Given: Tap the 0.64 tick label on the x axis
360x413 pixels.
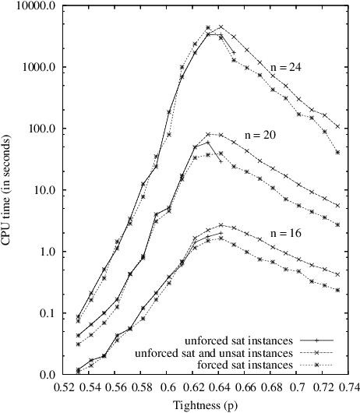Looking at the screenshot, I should pos(221,386).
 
